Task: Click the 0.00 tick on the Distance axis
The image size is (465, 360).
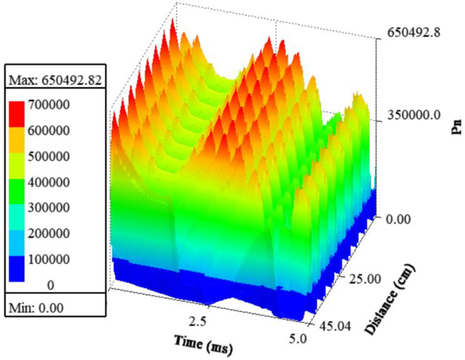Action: pos(398,219)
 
